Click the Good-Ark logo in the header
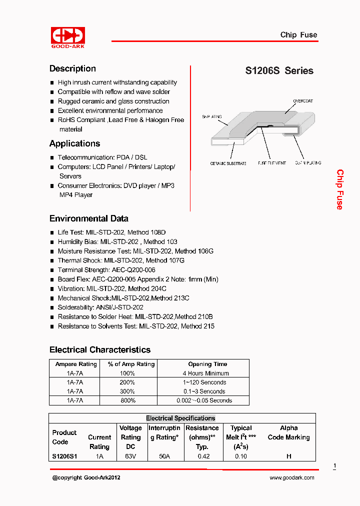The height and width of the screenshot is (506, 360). pos(68,36)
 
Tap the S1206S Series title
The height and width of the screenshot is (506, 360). pos(279,70)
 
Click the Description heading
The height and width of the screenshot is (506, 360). pos(72,68)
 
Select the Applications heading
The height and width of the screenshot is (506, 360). pos(74,143)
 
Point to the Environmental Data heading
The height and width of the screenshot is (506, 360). pos(88,218)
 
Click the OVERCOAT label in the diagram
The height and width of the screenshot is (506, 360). pos(302,101)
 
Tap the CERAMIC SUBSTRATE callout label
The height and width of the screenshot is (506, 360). pos(228,163)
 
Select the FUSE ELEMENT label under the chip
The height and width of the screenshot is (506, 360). pos(272,163)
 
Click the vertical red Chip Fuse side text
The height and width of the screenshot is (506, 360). pos(339,189)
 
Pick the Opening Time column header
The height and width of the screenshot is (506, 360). pos(207,364)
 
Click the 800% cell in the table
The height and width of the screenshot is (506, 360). pos(128,400)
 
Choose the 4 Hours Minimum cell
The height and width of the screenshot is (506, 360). pos(205,373)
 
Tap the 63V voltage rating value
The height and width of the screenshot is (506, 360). pos(130,456)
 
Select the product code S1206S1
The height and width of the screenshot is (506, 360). pos(64,456)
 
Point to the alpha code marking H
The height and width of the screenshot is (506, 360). pos(288,456)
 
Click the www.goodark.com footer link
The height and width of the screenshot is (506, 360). pos(292,477)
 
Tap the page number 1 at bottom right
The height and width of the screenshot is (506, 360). pos(334,466)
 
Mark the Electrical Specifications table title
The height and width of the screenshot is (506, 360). pos(180,418)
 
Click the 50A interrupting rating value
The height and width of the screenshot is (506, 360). pos(163,456)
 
